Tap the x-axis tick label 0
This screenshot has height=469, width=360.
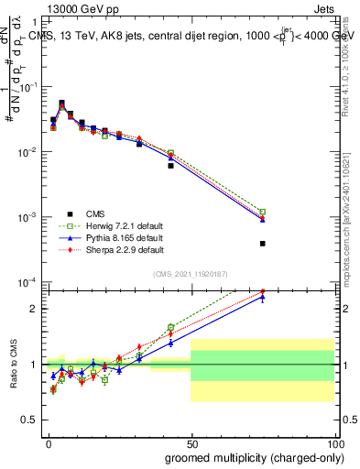point(48,443)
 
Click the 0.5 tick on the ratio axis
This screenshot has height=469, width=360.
point(33,422)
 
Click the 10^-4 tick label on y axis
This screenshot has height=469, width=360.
point(27,282)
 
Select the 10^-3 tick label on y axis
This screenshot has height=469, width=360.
point(27,217)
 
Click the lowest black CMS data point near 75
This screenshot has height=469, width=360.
point(262,244)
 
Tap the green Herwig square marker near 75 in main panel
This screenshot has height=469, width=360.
point(262,212)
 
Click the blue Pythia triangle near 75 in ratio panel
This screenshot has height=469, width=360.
point(262,297)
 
